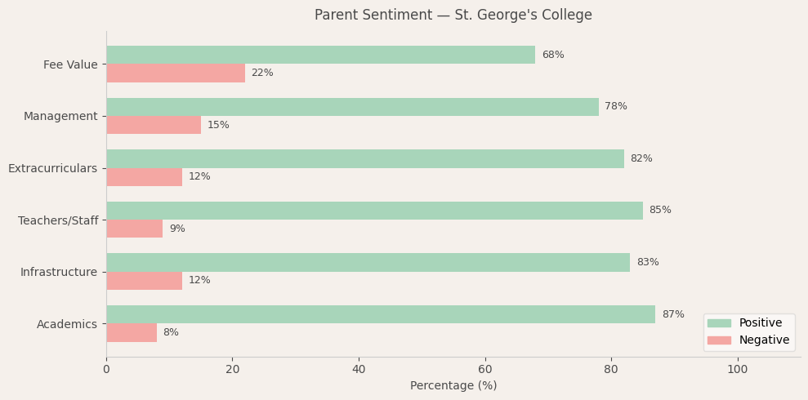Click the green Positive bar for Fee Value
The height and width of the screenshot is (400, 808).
320,55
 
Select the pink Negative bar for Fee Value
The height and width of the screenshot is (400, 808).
176,73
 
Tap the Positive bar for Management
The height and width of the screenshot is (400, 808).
352,107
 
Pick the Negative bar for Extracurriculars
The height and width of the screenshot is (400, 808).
144,177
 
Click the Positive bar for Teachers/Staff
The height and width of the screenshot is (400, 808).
374,211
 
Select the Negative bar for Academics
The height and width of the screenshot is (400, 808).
132,333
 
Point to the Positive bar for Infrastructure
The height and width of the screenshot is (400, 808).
368,263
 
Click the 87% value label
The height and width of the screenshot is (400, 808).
673,315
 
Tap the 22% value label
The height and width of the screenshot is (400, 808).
262,73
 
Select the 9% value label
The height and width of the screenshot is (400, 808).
177,229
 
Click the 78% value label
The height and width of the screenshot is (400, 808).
616,107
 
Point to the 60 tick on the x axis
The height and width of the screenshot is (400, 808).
485,370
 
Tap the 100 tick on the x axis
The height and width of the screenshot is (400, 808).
738,370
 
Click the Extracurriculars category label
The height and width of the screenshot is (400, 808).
52,169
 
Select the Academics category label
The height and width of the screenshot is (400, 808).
67,325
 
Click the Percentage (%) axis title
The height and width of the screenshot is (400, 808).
453,386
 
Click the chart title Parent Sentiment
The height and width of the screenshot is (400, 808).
453,16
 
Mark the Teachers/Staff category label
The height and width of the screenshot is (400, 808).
58,221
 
